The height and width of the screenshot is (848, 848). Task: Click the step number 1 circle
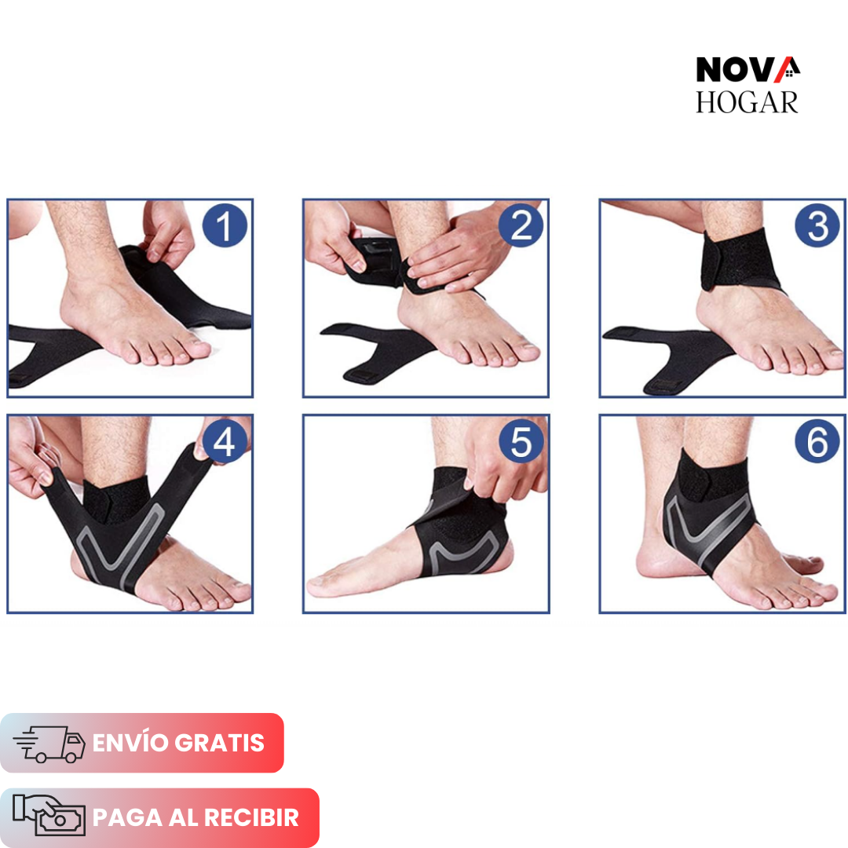[225, 226]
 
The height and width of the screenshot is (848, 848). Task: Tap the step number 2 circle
[521, 226]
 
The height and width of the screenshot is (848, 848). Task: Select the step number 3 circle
[817, 226]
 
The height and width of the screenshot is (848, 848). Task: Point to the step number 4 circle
[224, 443]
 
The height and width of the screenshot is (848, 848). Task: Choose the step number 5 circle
[521, 443]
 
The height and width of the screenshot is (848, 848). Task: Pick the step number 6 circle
[817, 443]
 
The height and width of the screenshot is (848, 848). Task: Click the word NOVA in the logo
[738, 70]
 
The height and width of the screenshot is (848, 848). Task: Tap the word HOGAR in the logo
[747, 102]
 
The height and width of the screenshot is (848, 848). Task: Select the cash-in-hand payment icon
[49, 817]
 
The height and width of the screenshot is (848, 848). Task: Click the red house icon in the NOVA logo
[788, 69]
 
